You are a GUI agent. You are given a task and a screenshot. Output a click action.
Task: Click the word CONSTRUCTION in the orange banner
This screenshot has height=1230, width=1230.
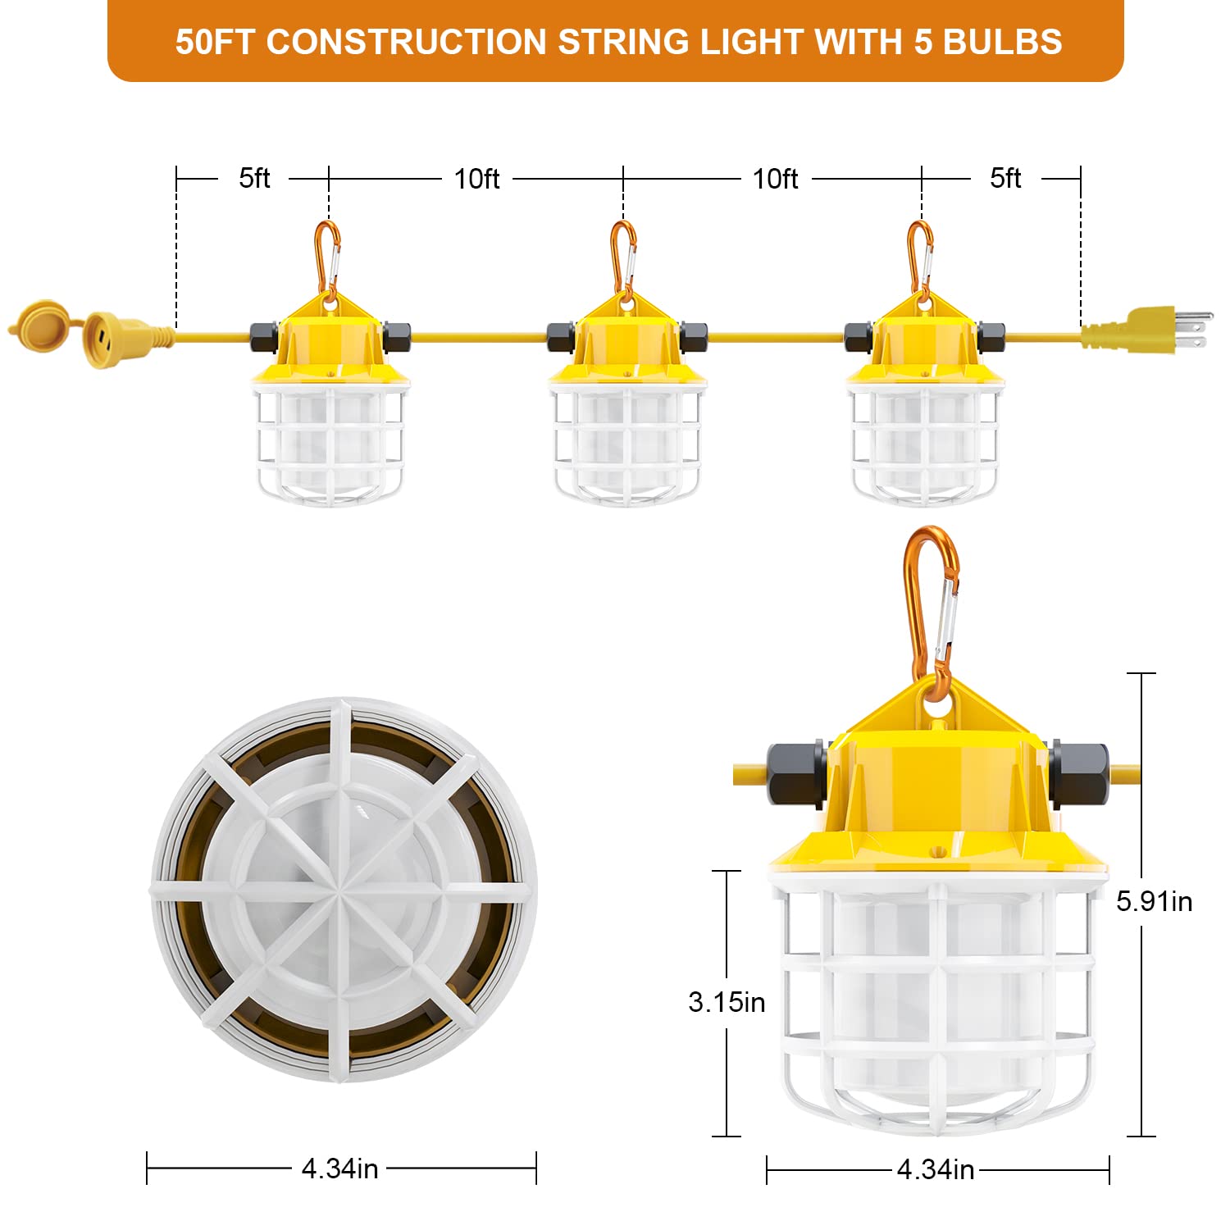(407, 43)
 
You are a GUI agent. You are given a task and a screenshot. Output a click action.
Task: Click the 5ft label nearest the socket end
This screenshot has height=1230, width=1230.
(254, 178)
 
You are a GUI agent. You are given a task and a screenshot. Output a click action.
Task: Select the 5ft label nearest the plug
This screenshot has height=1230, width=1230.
(1005, 178)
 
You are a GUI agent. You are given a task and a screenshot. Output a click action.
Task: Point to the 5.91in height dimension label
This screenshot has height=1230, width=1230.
(1154, 902)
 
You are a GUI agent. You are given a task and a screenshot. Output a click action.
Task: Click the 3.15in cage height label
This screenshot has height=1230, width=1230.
(727, 1002)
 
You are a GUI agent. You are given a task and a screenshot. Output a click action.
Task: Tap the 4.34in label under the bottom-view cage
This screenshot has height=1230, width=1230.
(340, 1168)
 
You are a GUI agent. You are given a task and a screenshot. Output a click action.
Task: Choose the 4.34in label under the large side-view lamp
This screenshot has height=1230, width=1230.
(936, 1169)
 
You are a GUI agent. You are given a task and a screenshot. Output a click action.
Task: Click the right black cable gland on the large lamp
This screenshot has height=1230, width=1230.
(1079, 772)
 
